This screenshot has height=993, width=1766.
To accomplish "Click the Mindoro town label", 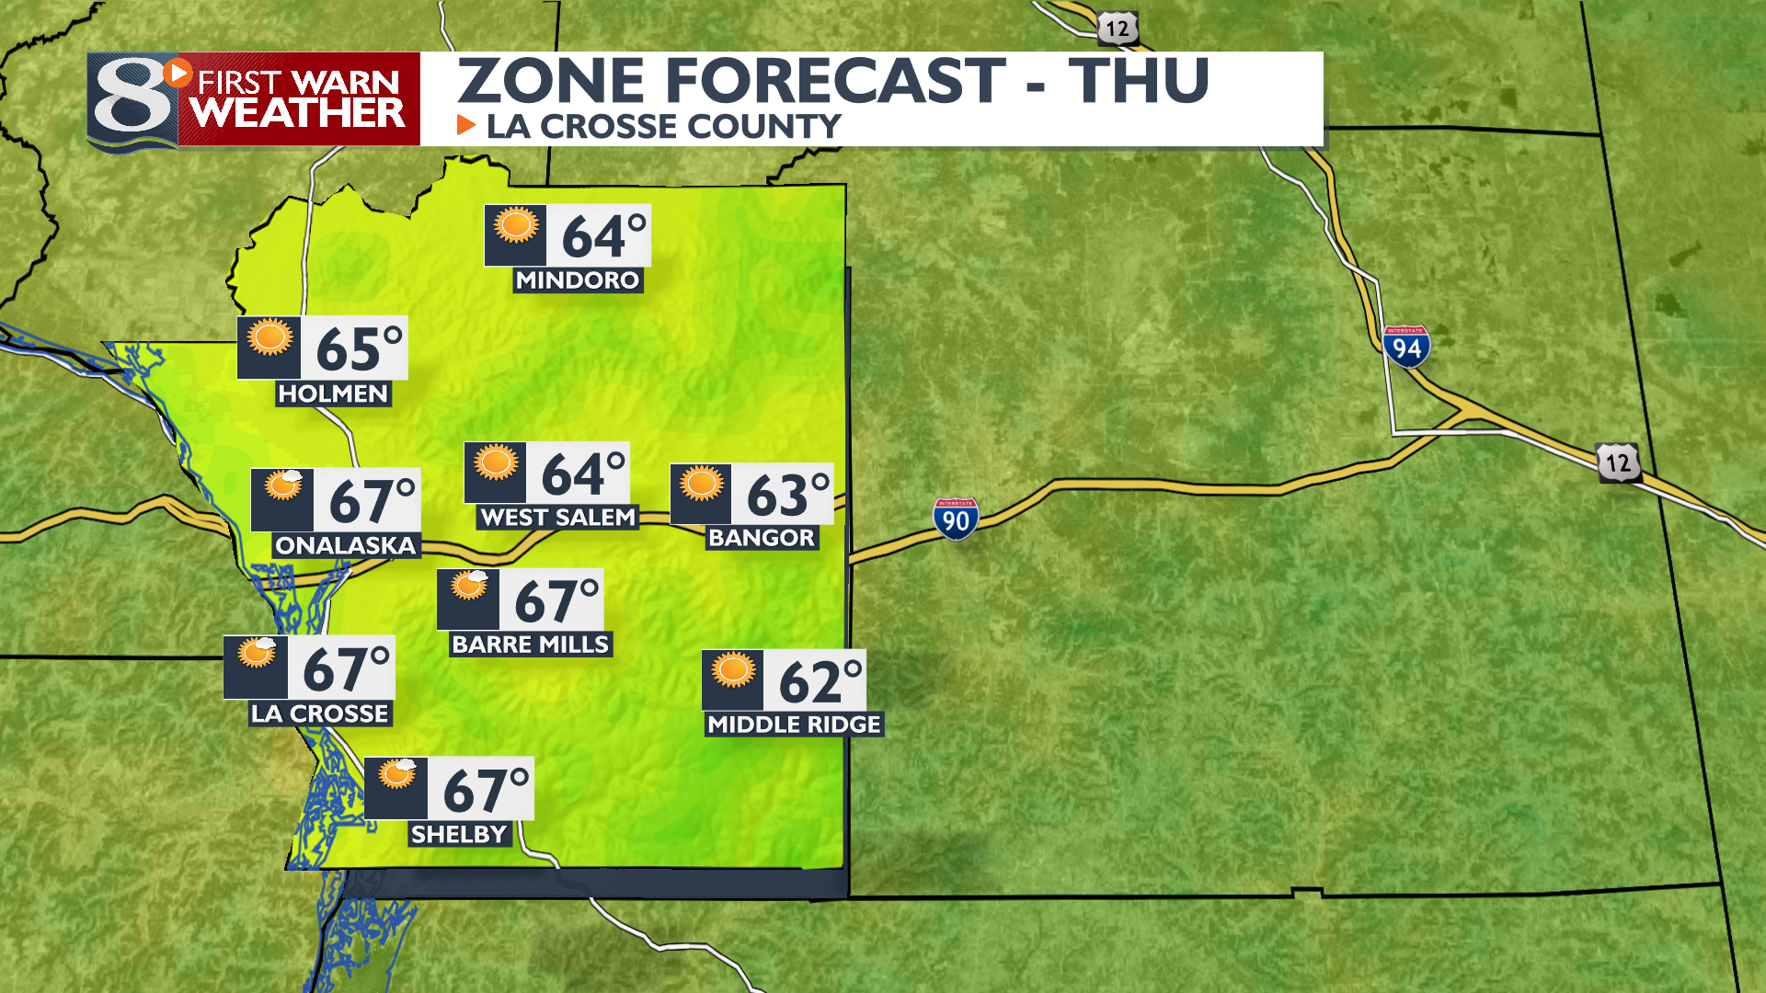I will pos(578,280).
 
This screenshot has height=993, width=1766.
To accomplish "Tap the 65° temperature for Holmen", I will pos(359,348).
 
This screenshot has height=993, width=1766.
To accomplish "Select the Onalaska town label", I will pos(345,545).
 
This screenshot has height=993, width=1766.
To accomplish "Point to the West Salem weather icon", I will pos(497,462).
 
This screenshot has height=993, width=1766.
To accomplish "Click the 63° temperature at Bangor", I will pos(787,496).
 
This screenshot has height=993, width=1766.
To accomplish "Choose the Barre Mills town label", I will pos(530,645).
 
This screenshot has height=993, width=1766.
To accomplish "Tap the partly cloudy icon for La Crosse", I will pos(257,654).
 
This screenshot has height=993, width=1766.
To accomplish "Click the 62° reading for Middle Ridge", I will pos(820,681).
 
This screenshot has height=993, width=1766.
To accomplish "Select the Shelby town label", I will pos(459,834).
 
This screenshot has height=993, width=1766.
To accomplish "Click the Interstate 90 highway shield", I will pos(956,519).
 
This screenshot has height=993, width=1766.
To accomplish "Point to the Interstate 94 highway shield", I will pos(1406,347).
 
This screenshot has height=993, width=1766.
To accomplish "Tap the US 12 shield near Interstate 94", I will pos(1618,462).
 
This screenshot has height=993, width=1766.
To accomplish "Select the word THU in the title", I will pos(1139,81).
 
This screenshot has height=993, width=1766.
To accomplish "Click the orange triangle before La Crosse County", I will pos(466,125).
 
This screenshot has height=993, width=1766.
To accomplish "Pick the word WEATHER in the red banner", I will pos(298,114).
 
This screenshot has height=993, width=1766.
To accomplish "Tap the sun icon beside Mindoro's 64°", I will pos(516,225).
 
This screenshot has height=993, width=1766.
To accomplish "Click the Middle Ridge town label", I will pos(794,725).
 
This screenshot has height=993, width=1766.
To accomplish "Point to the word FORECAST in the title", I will pos(835,81).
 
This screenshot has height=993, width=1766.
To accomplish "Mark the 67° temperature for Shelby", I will pos(486,790).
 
